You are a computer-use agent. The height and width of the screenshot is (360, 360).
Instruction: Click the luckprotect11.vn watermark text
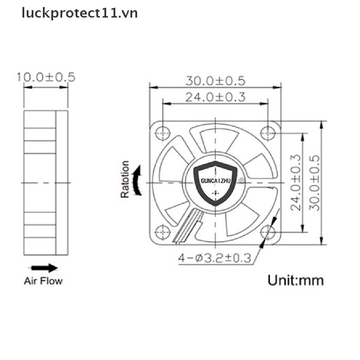tap(79, 13)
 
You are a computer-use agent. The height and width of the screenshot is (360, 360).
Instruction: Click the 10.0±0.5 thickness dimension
tap(46, 77)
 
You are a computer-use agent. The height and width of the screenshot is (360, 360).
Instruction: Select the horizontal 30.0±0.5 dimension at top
tap(215, 81)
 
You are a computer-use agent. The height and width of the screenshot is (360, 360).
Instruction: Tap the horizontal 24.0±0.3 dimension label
tap(215, 97)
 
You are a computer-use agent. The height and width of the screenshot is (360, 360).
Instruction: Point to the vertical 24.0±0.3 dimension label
tap(296, 182)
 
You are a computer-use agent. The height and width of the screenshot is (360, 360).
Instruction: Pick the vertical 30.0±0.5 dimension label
tap(315, 182)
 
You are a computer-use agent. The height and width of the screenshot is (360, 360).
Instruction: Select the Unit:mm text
tap(295, 280)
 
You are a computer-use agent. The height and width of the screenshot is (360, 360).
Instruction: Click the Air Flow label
tap(43, 281)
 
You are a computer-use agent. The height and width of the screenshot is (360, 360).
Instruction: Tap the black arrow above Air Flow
tap(45, 268)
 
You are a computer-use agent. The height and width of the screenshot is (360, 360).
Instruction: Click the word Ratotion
tap(125, 179)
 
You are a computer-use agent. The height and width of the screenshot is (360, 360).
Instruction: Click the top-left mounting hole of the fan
tap(162, 133)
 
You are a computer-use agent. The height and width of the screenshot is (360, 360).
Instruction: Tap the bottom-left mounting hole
tap(162, 232)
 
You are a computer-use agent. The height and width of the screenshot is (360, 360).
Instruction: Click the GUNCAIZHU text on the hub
tap(215, 181)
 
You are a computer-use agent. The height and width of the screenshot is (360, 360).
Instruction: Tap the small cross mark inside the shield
tap(215, 193)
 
